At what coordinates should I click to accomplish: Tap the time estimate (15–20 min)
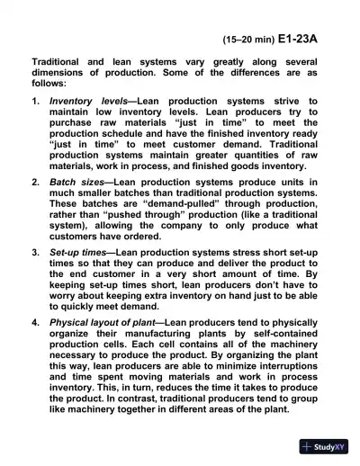244,40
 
